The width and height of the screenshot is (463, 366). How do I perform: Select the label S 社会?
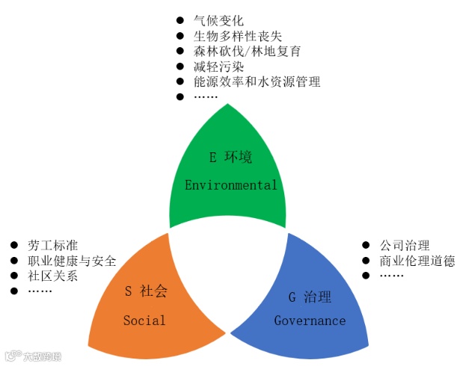145,291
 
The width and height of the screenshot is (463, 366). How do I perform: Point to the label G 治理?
310,297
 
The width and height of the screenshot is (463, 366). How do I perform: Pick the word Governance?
310,320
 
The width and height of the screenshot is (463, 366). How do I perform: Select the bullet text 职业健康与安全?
72,261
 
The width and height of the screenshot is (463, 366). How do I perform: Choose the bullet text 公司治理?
405,245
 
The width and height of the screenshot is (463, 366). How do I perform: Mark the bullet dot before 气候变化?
180,20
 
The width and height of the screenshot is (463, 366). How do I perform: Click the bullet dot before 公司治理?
365,245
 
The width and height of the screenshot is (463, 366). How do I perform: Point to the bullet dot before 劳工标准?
13,245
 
